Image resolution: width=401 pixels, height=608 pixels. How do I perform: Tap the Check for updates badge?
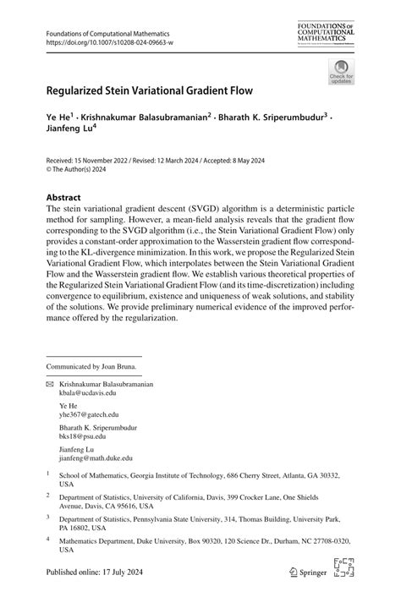pyautogui.click(x=341, y=71)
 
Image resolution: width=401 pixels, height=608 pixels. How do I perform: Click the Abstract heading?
pyautogui.click(x=63, y=196)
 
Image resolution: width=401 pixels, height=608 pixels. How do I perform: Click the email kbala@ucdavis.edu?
pyautogui.click(x=86, y=392)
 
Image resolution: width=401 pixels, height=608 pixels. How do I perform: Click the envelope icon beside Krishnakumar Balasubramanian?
pyautogui.click(x=50, y=384)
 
